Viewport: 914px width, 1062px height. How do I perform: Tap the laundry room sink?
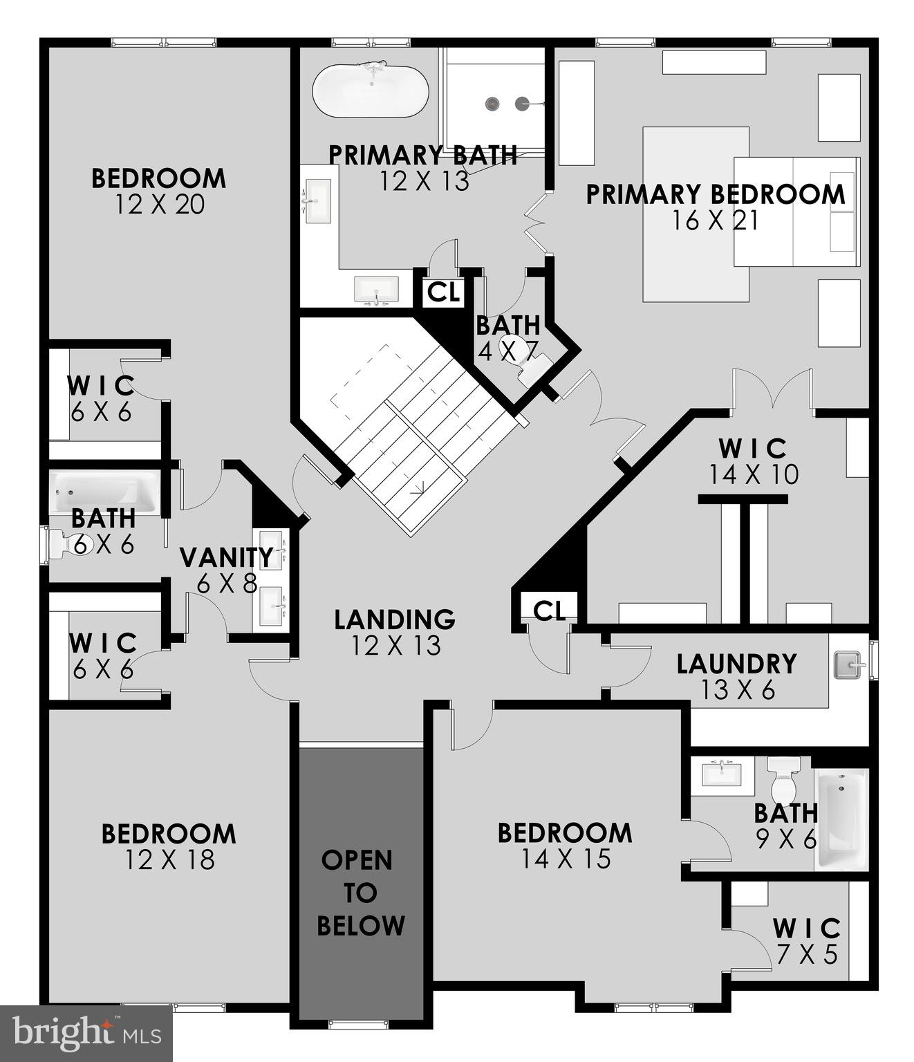848,665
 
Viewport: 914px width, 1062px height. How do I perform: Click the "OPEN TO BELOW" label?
360,893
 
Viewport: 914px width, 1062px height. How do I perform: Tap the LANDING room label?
395,619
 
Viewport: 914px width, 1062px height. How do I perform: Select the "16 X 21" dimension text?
716,221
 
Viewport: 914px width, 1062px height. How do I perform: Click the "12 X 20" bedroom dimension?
160,205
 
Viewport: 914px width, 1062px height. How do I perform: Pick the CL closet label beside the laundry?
550,610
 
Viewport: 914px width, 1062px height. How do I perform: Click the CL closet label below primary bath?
443,292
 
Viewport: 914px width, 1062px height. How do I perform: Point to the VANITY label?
227,557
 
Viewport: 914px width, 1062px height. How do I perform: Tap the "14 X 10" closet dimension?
754,474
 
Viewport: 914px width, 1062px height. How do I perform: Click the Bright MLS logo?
86,1033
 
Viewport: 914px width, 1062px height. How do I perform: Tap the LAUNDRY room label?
736,664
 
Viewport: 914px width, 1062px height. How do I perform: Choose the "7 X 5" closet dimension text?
807,955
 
